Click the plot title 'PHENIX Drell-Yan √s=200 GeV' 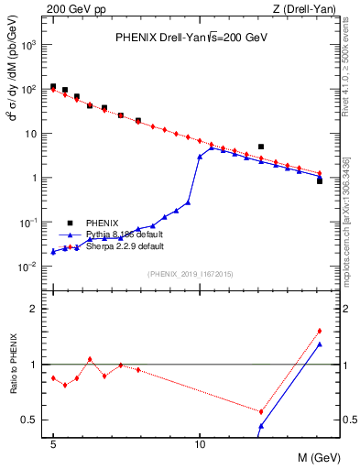click(190, 38)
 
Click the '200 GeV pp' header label click(70, 8)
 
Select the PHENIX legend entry click(102, 223)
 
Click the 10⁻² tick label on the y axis click(31, 267)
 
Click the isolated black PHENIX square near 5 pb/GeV click(261, 146)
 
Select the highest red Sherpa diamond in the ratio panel click(319, 331)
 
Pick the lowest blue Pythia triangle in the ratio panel click(261, 426)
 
